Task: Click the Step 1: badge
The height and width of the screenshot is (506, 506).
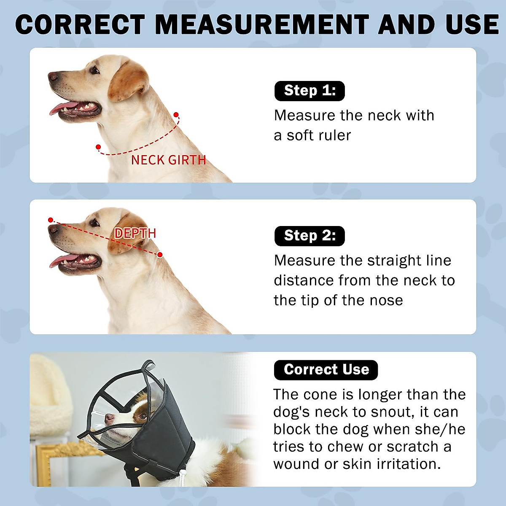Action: point(310,91)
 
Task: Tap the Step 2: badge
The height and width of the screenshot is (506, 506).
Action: point(310,236)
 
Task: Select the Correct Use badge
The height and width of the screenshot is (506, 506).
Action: point(326,370)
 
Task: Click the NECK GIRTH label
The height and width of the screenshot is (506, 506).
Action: point(168,160)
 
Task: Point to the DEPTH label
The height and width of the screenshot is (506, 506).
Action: point(135,233)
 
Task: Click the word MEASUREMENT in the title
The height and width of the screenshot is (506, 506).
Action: point(262,24)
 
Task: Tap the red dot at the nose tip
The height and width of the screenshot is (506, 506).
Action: point(51,220)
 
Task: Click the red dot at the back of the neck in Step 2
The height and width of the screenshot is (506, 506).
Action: point(160,255)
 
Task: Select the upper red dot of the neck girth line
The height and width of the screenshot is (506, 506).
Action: point(176,115)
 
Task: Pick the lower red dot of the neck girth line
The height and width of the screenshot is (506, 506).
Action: point(98,147)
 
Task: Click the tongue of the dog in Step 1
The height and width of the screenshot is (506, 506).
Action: point(63,108)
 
